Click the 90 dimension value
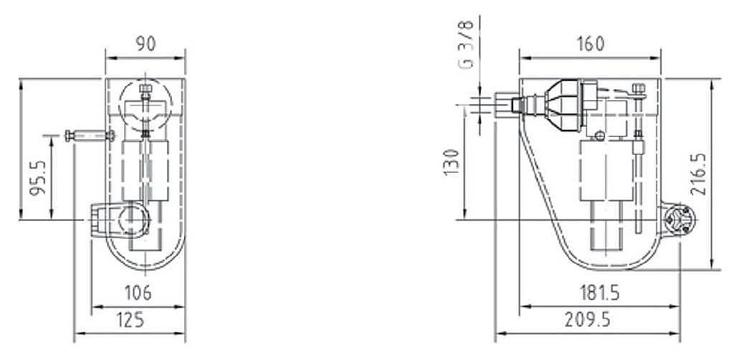point(146,43)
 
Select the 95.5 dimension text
point(38,177)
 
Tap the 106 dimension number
point(138,293)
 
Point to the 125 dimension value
point(130,321)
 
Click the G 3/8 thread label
point(467,45)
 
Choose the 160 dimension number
point(591,44)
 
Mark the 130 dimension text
point(452,162)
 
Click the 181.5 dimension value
point(599,293)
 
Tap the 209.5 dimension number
point(588,321)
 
